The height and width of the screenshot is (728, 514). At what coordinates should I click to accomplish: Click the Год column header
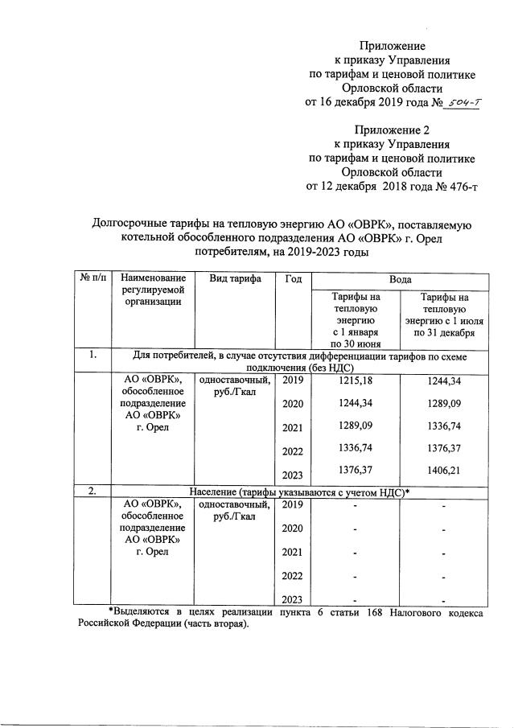(293, 278)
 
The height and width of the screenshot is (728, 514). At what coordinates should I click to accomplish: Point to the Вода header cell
(401, 278)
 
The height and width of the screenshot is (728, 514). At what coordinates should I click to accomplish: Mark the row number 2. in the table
(93, 491)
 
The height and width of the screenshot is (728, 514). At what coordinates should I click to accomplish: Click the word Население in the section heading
(216, 491)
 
